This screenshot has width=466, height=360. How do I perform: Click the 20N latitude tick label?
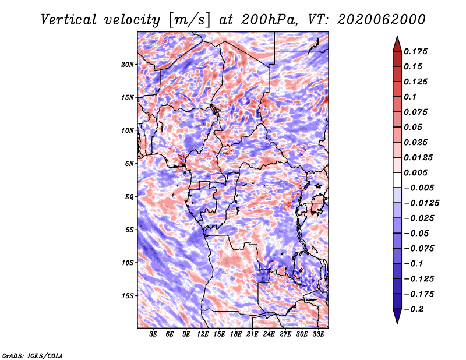[127, 65]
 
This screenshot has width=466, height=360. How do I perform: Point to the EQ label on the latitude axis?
[129, 197]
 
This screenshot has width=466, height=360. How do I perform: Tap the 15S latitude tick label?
[127, 296]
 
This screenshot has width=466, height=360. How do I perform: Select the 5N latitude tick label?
[129, 164]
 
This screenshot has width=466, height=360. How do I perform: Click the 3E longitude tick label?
[153, 334]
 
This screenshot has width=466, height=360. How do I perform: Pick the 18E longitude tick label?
[235, 334]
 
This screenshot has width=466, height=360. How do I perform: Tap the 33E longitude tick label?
[318, 334]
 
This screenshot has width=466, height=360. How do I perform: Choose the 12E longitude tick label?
[202, 334]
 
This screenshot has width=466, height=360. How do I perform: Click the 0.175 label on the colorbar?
[415, 51]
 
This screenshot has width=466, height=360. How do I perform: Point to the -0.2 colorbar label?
[414, 309]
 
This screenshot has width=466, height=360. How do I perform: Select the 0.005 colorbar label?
[415, 172]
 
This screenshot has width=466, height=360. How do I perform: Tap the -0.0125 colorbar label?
[421, 203]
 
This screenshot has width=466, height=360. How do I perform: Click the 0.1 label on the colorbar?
[410, 97]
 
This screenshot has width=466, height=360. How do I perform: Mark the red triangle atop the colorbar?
[397, 44]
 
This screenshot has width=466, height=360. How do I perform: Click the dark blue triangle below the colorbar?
[397, 316]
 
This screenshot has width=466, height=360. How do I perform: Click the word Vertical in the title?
[69, 20]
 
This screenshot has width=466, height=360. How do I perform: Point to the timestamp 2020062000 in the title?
[382, 20]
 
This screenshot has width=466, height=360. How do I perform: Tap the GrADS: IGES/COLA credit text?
[33, 356]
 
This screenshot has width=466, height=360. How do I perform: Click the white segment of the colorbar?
[397, 180]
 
